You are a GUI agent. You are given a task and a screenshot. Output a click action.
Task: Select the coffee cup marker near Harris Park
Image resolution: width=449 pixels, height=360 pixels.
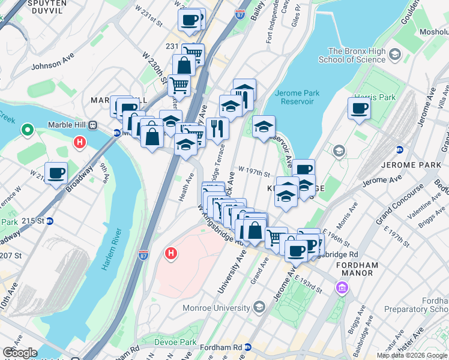(x=359, y=109)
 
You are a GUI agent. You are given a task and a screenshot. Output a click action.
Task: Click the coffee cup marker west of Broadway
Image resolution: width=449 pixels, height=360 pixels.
(x=56, y=173)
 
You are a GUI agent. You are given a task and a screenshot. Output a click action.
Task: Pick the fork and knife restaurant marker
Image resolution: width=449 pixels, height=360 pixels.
(x=217, y=128)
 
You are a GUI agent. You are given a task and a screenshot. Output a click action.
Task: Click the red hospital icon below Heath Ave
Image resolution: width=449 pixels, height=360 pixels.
(x=171, y=254)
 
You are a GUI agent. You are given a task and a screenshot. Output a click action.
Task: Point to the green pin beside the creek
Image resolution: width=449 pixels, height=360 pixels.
(x=27, y=130)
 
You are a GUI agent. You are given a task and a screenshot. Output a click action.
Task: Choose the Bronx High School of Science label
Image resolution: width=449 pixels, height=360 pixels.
(x=357, y=56)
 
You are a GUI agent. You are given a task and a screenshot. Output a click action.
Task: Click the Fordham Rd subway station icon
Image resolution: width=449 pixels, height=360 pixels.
(x=247, y=347)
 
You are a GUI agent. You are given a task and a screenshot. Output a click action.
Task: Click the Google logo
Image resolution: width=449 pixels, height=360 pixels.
(x=20, y=353)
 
